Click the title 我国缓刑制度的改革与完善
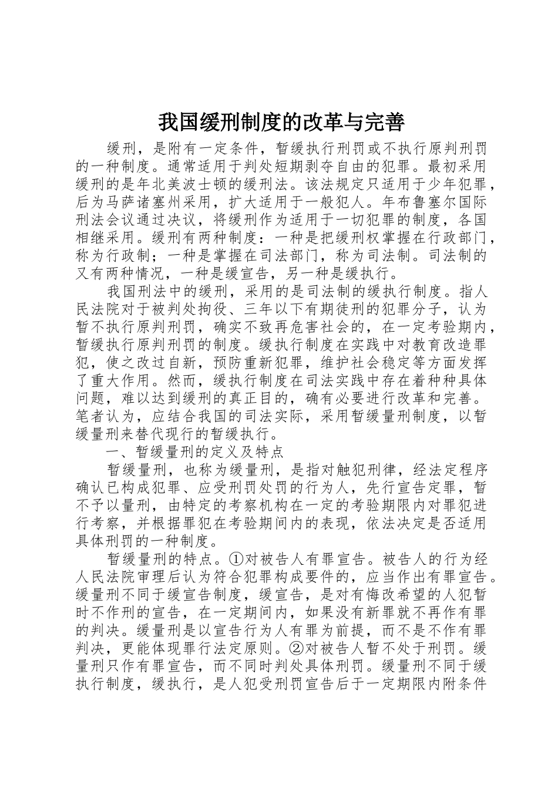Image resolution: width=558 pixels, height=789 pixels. [281, 122]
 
